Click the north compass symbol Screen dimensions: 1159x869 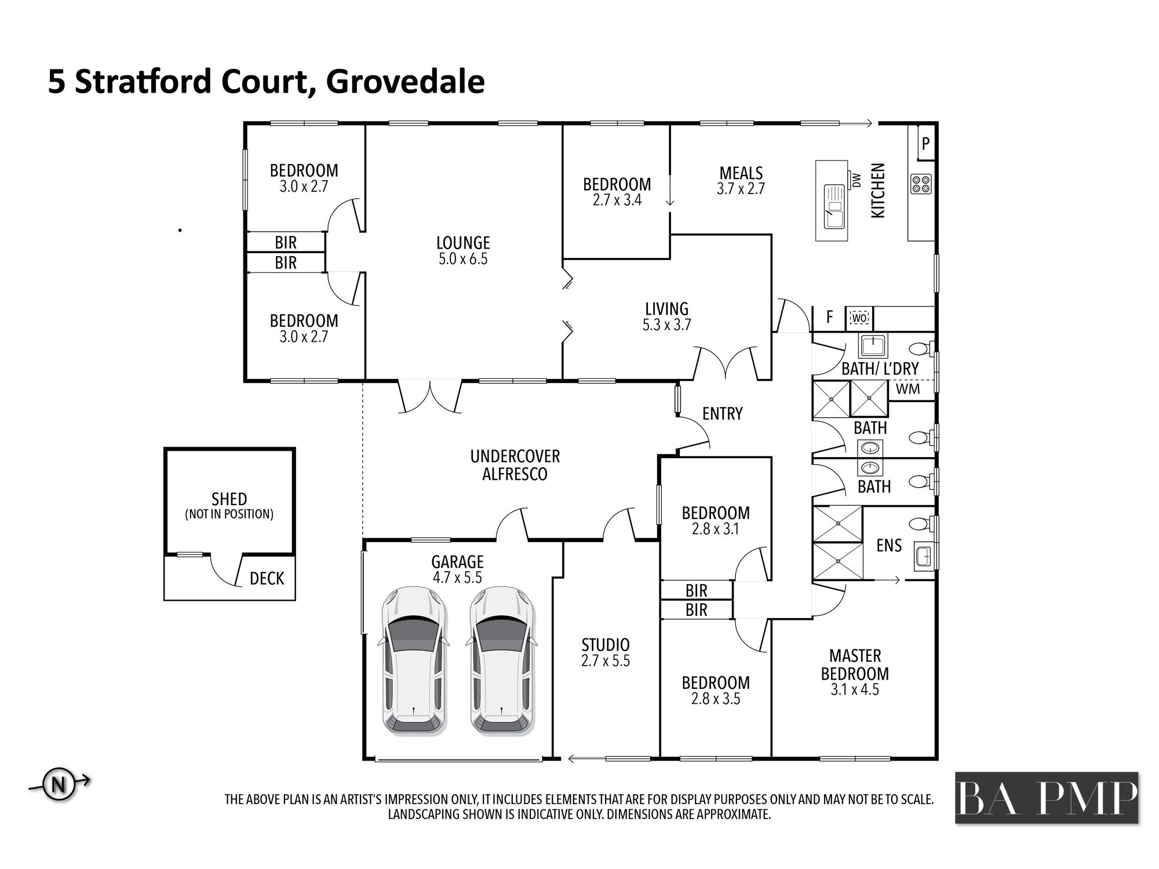(59, 785)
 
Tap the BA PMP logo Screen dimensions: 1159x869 (1047, 798)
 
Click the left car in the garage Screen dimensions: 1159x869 (414, 661)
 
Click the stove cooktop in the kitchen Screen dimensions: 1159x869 (921, 184)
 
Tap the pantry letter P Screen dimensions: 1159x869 (925, 143)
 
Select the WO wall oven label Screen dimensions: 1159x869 (859, 318)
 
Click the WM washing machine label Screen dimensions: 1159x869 (907, 389)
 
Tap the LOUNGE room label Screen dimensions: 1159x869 (463, 243)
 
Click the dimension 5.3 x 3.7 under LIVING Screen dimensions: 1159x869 (666, 325)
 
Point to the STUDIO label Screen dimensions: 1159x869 (606, 645)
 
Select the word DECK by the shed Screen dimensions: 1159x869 (267, 578)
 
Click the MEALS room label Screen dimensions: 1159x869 (741, 173)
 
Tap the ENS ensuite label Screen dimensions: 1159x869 (889, 545)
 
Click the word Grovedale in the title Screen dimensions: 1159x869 (406, 82)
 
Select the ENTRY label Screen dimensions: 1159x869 (722, 414)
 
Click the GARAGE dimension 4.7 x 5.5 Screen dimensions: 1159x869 (457, 578)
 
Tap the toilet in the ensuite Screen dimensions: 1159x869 (920, 524)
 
